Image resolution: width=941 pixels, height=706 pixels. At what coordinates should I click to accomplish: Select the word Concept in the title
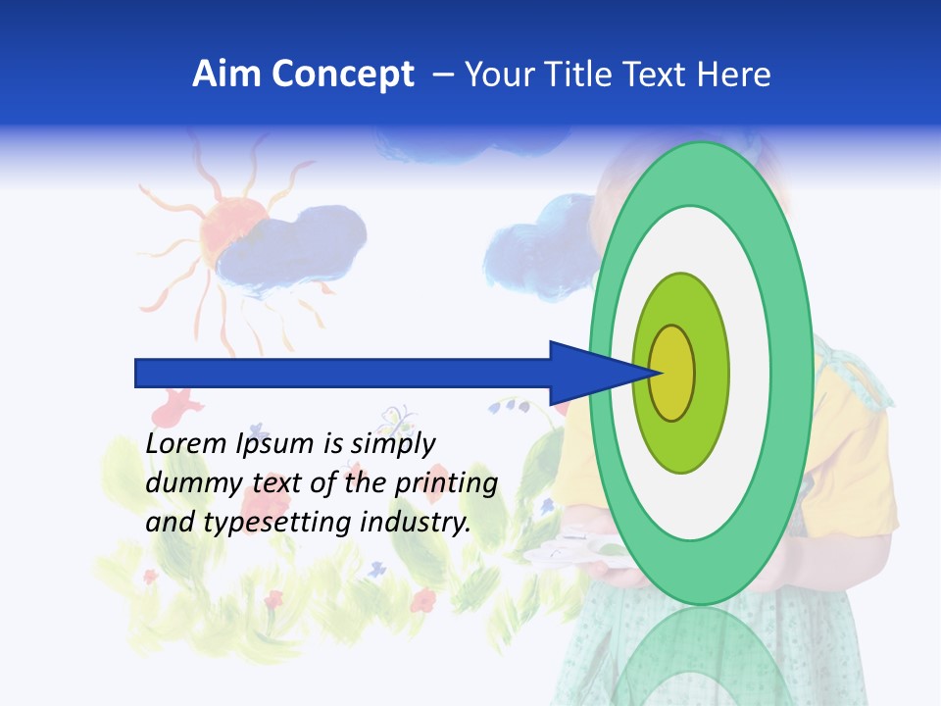(x=343, y=75)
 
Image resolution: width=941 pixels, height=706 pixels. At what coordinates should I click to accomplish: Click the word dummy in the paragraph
(x=186, y=483)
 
